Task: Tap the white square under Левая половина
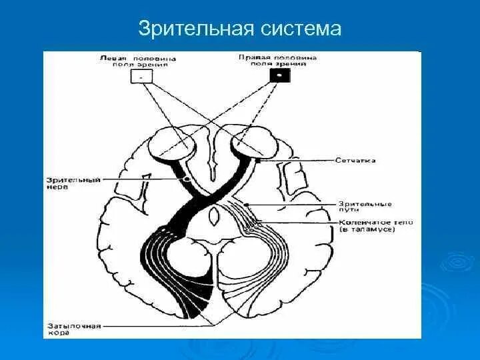142,77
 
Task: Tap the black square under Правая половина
279,75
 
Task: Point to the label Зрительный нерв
73,183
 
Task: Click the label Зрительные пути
365,206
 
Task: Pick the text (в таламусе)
367,229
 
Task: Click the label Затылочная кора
74,329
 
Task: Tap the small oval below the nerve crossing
213,216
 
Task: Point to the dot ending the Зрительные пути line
247,203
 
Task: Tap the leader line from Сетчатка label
300,161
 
